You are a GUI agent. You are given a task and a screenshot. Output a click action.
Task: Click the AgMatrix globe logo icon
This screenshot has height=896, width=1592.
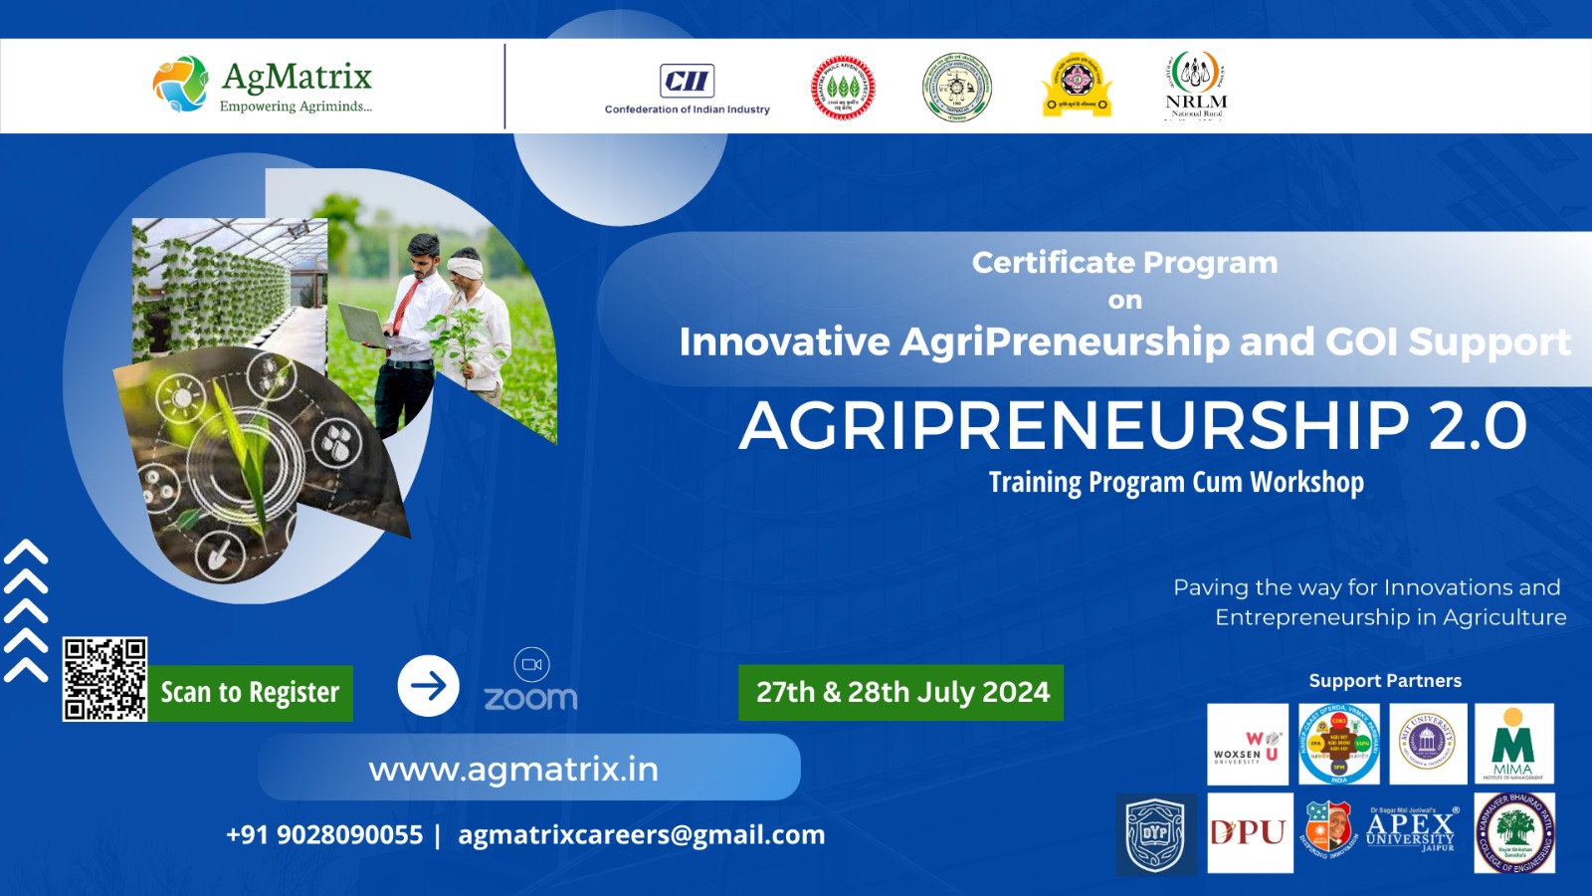(x=180, y=84)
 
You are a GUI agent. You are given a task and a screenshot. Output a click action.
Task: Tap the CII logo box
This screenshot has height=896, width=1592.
(x=687, y=81)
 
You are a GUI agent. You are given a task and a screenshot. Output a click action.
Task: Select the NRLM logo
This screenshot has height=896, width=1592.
(x=1196, y=86)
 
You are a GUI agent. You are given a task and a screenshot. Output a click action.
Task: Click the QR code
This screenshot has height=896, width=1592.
(x=104, y=679)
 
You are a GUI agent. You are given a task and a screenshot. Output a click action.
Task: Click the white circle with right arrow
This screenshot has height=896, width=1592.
(x=428, y=685)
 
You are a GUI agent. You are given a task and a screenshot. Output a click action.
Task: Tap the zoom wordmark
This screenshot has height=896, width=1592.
(x=530, y=698)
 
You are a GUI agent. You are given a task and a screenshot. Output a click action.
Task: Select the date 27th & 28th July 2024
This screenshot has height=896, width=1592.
(x=901, y=692)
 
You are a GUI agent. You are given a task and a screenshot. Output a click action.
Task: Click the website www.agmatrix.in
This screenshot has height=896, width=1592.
(x=513, y=769)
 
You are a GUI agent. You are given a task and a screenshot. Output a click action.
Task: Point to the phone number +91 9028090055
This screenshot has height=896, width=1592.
(x=324, y=834)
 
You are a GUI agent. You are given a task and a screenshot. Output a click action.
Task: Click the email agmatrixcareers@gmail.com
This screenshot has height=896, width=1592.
(x=641, y=834)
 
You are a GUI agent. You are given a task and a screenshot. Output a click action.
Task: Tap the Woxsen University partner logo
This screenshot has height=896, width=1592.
(x=1247, y=744)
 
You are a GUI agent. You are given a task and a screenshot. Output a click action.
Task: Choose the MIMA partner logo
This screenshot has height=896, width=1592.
(x=1513, y=744)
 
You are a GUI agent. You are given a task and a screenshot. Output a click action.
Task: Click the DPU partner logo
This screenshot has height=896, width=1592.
(x=1250, y=832)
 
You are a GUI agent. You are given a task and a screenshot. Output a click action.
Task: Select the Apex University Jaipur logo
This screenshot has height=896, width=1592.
(x=1411, y=830)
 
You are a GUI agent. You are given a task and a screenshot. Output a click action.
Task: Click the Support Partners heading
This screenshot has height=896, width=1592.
(x=1385, y=681)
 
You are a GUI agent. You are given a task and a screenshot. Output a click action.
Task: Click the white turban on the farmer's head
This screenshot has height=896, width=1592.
(x=465, y=265)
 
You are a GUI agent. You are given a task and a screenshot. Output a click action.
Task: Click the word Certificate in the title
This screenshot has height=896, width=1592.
(x=1039, y=262)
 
